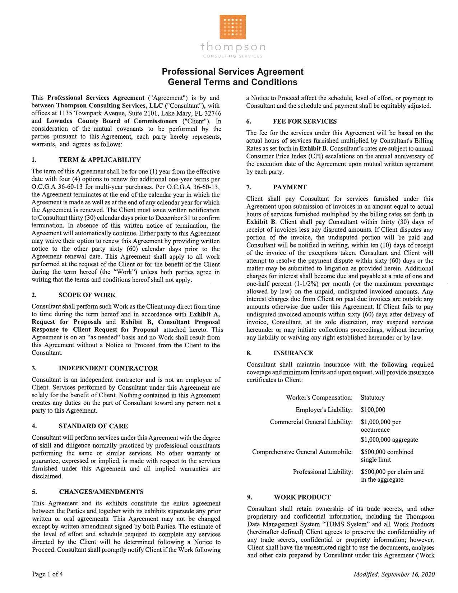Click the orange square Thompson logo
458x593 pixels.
(232, 27)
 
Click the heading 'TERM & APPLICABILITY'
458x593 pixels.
(100, 160)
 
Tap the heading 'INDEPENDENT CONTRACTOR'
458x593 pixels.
(108, 369)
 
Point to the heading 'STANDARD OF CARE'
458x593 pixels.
(93, 426)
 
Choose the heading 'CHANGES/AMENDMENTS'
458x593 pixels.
(101, 492)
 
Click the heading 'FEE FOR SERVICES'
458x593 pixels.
(305, 121)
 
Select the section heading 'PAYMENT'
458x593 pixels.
(290, 187)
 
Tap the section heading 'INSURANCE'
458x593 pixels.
(293, 353)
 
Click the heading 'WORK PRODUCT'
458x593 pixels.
(302, 497)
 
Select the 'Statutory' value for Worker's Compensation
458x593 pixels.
(373, 398)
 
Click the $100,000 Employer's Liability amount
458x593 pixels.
(373, 410)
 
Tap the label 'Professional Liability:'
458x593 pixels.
(323, 472)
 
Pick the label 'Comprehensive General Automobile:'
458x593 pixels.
(302, 452)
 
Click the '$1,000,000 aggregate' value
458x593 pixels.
(389, 440)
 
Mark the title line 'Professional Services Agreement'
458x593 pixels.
(232, 72)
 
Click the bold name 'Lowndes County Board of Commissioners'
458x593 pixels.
(112, 121)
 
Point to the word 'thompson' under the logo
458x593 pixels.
(233, 47)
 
